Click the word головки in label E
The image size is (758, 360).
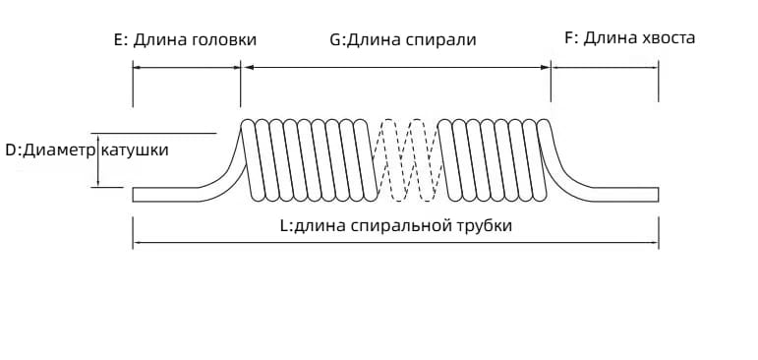[223, 40]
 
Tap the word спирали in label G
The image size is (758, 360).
[444, 40]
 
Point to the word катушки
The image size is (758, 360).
[135, 150]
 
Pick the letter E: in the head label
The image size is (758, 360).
[121, 40]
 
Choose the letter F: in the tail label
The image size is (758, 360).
[570, 38]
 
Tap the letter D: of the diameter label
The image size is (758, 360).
[13, 150]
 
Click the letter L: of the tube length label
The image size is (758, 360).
[286, 225]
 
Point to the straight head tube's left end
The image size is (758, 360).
[136, 194]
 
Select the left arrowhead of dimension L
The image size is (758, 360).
[137, 243]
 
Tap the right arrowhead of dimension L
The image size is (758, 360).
[655, 243]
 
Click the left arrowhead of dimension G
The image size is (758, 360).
[246, 67]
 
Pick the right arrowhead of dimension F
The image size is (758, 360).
[655, 67]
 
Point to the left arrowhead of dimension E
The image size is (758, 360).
[137, 67]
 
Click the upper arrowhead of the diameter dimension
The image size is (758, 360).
[99, 136]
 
